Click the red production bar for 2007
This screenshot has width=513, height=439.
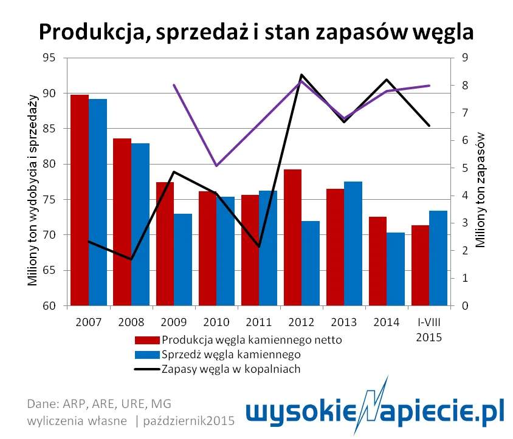click(x=79, y=200)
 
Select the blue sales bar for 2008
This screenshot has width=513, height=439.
click(x=140, y=225)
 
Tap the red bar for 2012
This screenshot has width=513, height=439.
click(x=292, y=237)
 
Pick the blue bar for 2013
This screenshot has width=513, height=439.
click(x=353, y=243)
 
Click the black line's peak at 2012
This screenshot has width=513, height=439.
click(x=301, y=75)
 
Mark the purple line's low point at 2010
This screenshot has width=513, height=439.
click(x=216, y=166)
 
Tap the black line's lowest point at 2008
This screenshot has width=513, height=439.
click(x=131, y=259)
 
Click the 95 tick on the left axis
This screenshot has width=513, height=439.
click(x=47, y=58)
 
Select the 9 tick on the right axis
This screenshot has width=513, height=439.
click(x=464, y=58)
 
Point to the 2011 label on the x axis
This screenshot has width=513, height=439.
click(x=259, y=322)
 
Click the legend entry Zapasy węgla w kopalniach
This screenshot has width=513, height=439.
click(x=231, y=369)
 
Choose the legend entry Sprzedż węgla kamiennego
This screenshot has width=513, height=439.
click(x=231, y=354)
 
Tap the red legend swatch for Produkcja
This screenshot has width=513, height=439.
click(x=147, y=340)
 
